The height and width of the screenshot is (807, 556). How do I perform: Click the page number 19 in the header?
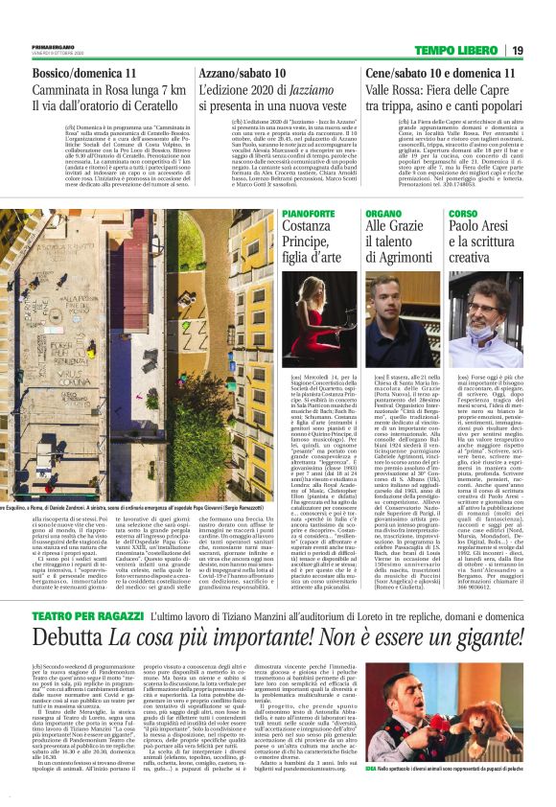tap(543, 51)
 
